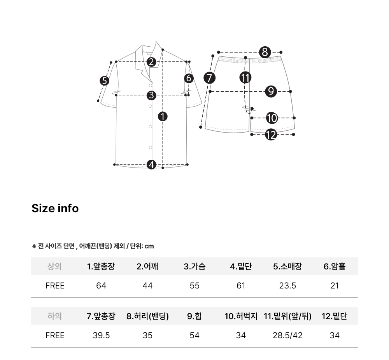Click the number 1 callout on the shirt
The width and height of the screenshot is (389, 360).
pyautogui.click(x=163, y=116)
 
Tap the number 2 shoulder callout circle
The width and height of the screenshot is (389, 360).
pyautogui.click(x=151, y=62)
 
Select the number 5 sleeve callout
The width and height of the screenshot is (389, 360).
pyautogui.click(x=104, y=81)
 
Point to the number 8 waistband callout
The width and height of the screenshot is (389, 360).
pyautogui.click(x=265, y=52)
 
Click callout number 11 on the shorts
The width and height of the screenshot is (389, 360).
pyautogui.click(x=245, y=78)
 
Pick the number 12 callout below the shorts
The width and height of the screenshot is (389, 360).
pyautogui.click(x=271, y=135)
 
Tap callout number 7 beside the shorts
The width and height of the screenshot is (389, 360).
pyautogui.click(x=209, y=78)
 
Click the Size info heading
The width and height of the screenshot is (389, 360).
pyautogui.click(x=55, y=208)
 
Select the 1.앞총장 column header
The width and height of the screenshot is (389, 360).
pyautogui.click(x=101, y=267)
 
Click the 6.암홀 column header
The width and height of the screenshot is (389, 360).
pyautogui.click(x=335, y=267)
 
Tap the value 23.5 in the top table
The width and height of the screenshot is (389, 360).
pyautogui.click(x=287, y=286)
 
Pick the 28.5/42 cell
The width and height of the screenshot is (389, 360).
pyautogui.click(x=287, y=336)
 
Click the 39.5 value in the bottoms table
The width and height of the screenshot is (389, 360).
pyautogui.click(x=101, y=336)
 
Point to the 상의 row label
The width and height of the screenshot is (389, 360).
pyautogui.click(x=54, y=267)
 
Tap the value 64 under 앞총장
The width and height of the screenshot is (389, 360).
pyautogui.click(x=101, y=286)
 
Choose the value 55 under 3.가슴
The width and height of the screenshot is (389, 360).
pyautogui.click(x=194, y=286)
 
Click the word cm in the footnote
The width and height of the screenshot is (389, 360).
pyautogui.click(x=149, y=246)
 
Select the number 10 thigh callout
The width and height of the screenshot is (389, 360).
pyautogui.click(x=272, y=118)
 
